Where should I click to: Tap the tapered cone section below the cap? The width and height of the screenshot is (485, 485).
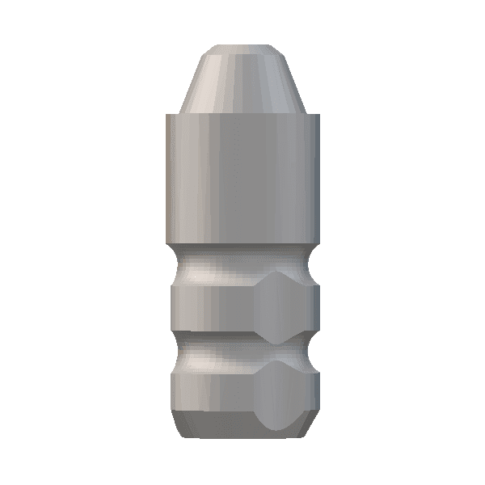tap(242, 85)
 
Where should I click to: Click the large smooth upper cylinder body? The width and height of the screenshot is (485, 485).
tap(242, 178)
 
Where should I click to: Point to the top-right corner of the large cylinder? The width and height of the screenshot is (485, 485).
tap(318, 115)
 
